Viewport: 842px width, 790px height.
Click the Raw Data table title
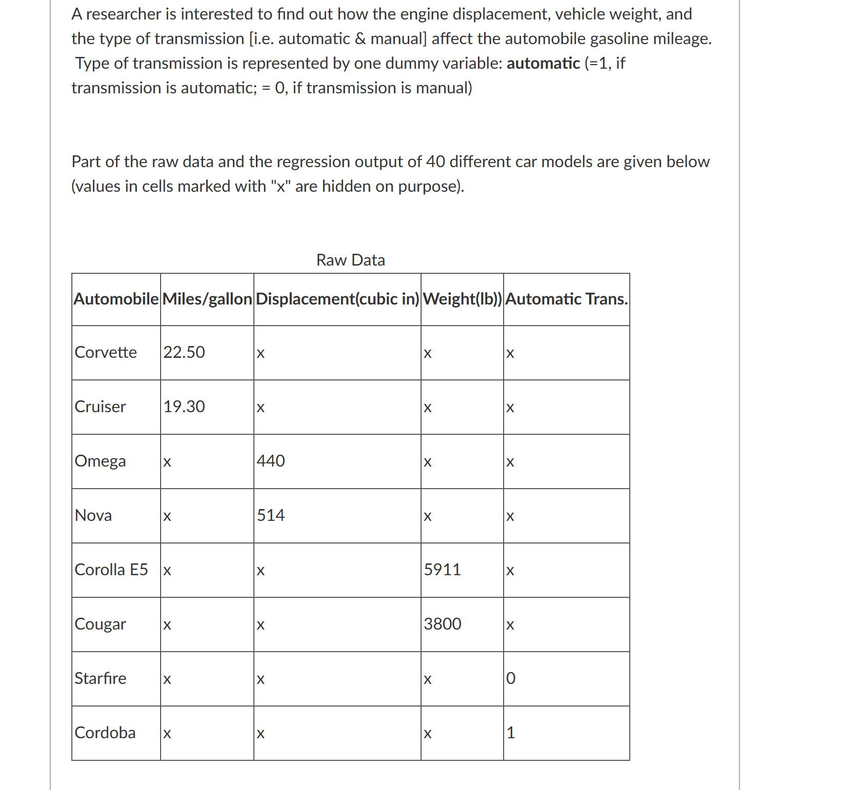350,260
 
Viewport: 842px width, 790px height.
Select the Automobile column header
116,299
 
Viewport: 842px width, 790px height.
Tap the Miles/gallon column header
207,299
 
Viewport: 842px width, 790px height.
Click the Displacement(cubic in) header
337,299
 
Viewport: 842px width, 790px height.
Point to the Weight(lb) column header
462,299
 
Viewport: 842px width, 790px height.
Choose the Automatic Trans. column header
567,299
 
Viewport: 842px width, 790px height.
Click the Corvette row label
106,352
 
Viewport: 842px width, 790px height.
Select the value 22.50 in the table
184,352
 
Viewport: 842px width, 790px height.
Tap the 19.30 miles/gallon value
184,407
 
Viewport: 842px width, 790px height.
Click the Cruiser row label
100,407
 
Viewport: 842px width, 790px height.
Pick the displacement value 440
271,461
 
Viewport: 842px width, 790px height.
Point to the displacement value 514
271,515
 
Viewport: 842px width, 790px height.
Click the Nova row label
93,515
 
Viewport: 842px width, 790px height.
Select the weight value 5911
443,570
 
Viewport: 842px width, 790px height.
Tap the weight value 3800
443,624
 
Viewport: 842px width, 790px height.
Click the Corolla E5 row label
111,570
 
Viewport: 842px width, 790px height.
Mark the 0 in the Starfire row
511,678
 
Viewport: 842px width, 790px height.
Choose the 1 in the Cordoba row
511,733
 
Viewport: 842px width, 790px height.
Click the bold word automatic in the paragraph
543,63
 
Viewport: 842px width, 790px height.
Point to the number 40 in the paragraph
435,161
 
